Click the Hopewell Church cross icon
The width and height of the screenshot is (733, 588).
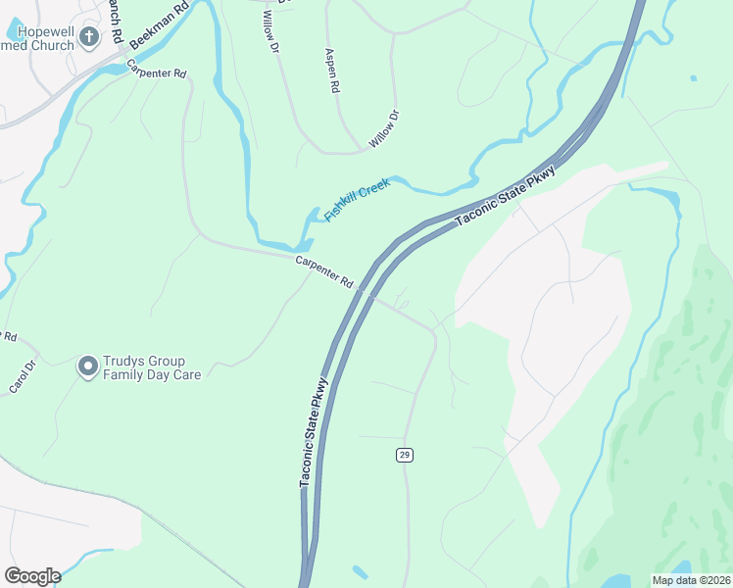click(89, 38)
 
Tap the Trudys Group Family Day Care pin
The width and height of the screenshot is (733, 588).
click(88, 367)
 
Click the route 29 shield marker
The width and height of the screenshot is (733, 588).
click(404, 454)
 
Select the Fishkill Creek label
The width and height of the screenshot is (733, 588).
click(358, 199)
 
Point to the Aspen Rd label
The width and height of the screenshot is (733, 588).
click(331, 72)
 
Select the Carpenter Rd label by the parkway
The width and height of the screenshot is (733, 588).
click(324, 269)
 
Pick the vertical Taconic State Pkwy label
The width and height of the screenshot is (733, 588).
click(313, 430)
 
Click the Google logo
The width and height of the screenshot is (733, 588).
click(31, 576)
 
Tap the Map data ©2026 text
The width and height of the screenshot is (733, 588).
click(691, 580)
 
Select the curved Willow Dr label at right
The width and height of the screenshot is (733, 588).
click(384, 130)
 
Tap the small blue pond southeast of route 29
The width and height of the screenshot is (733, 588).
click(360, 571)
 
